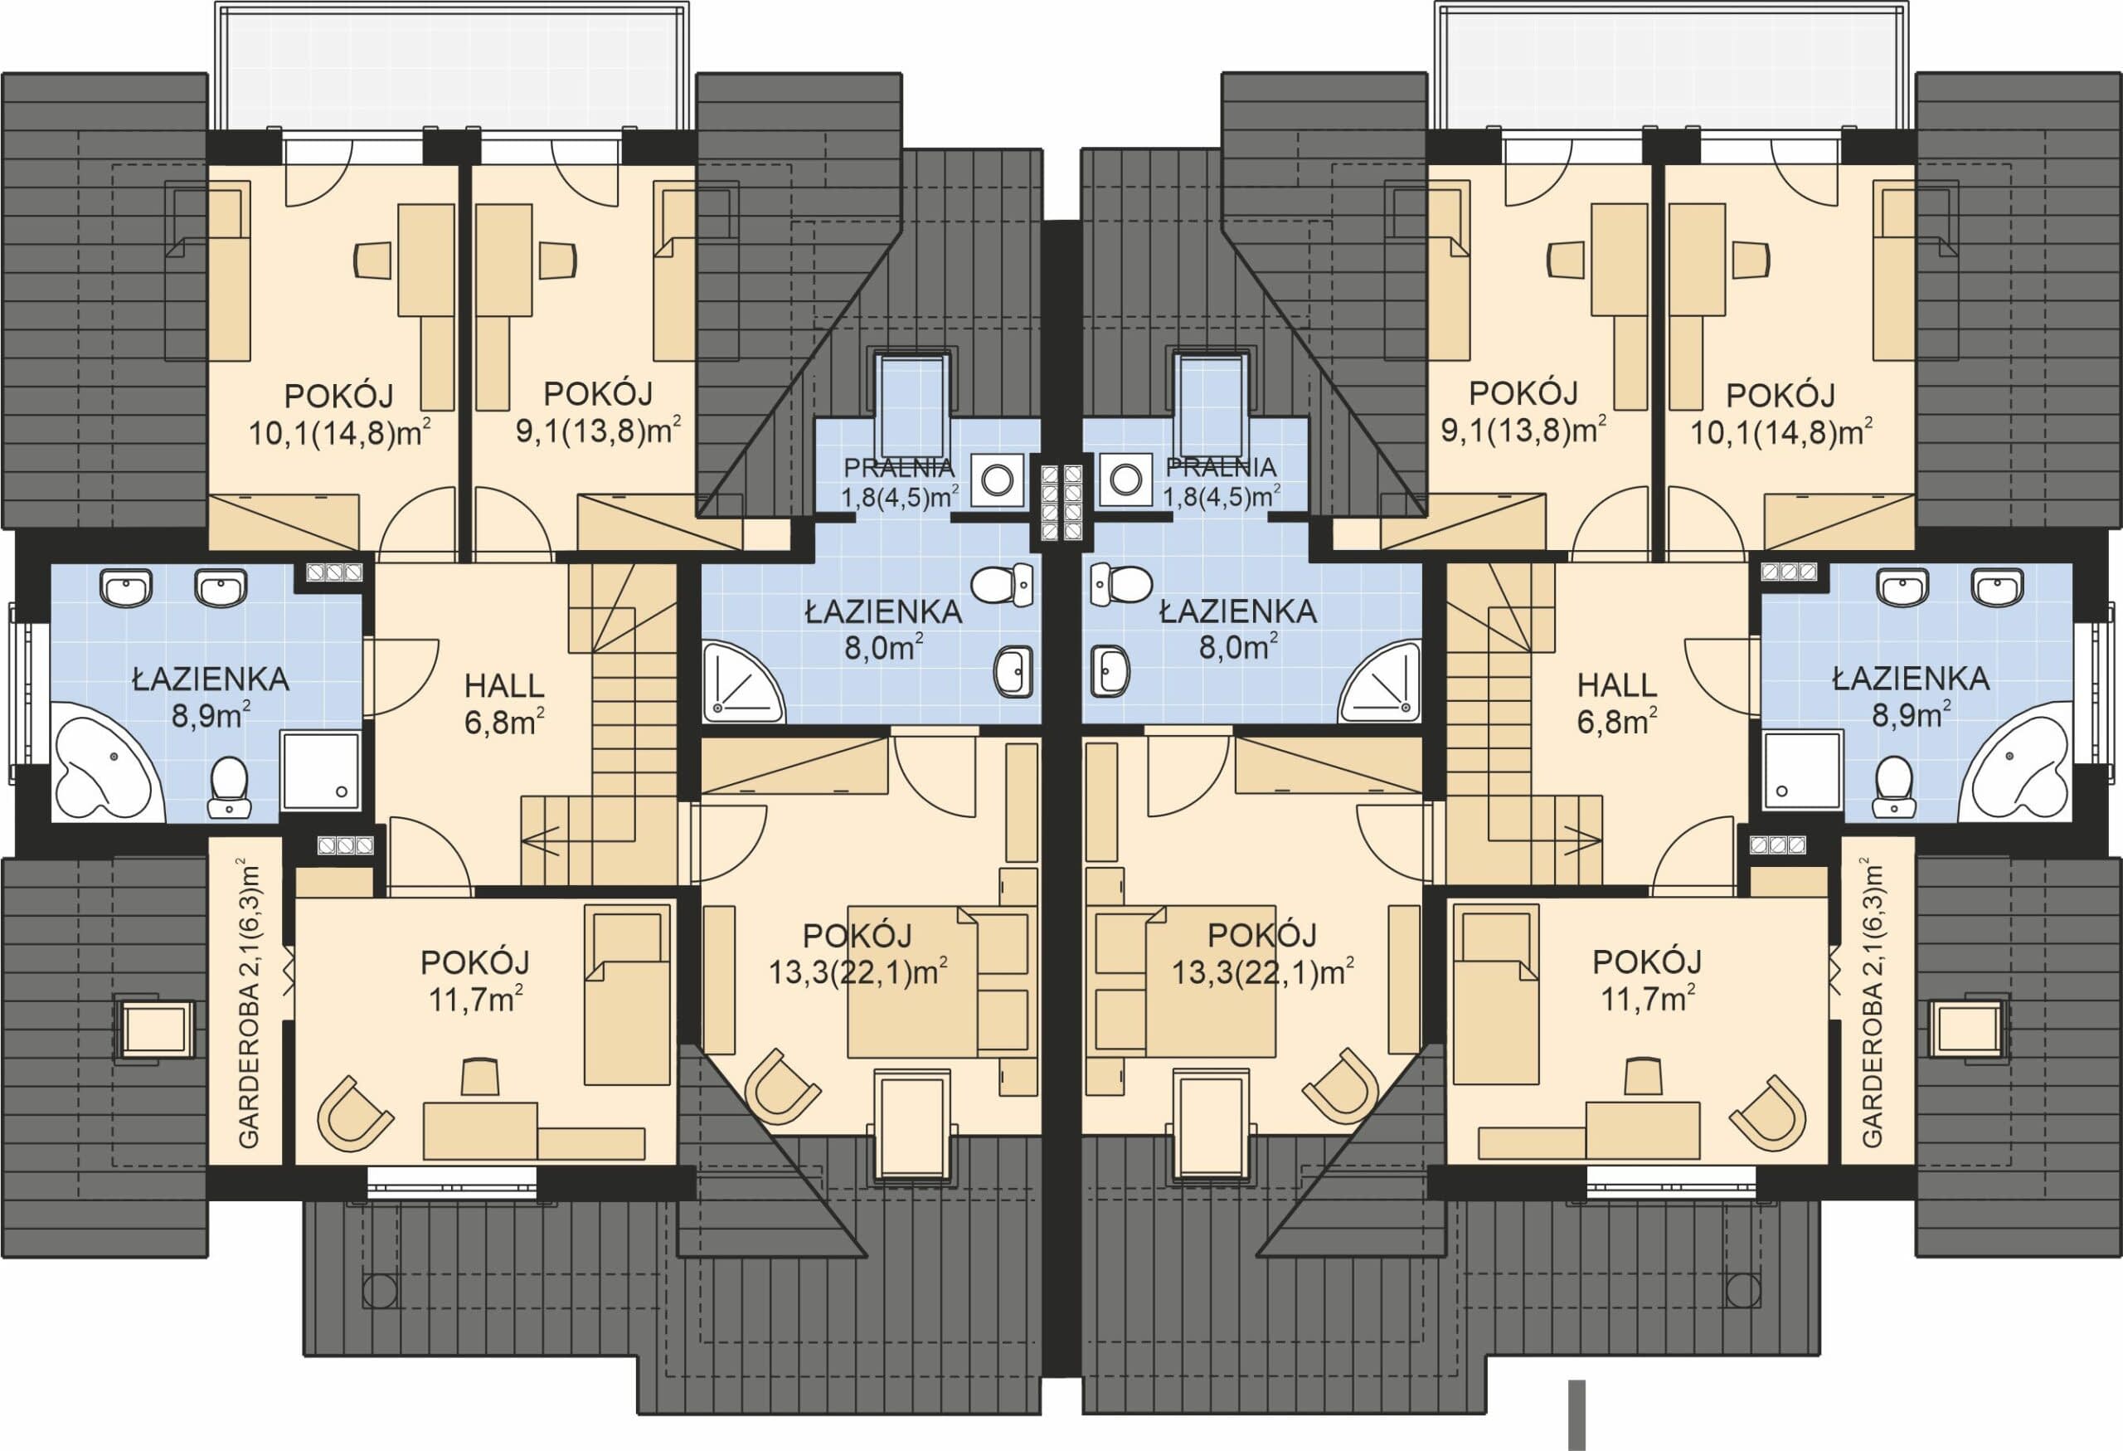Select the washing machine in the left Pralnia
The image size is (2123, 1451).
997,479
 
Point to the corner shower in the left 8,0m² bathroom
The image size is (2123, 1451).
741,682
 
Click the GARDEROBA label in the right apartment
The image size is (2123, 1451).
1871,1001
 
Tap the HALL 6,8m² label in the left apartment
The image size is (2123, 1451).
503,704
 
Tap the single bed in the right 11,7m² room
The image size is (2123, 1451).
1494,993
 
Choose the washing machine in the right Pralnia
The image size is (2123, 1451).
1126,479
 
